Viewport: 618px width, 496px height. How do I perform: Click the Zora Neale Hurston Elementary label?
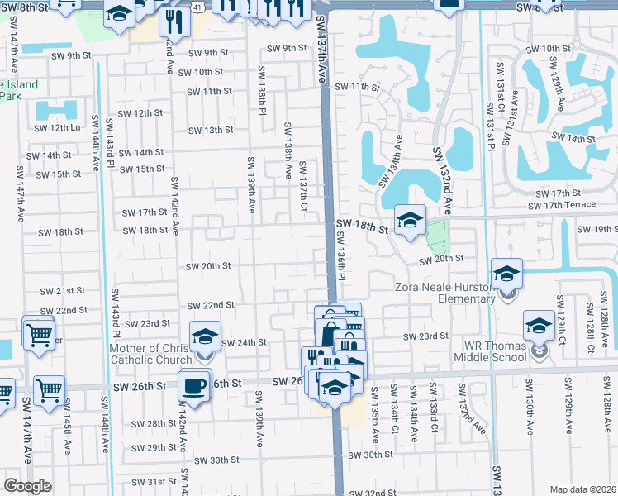pos(444,287)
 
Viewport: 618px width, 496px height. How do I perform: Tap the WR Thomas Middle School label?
pos(489,351)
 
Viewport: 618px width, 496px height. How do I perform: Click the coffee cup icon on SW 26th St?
pos(194,387)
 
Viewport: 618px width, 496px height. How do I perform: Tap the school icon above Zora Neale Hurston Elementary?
pos(507,274)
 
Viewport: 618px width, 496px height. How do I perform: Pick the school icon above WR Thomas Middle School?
pos(539,326)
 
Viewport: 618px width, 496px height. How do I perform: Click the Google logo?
pos(27,486)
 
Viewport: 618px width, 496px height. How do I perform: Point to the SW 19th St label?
pos(599,228)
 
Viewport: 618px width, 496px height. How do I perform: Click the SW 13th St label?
pos(210,130)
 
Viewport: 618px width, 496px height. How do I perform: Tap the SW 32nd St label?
pos(373,493)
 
